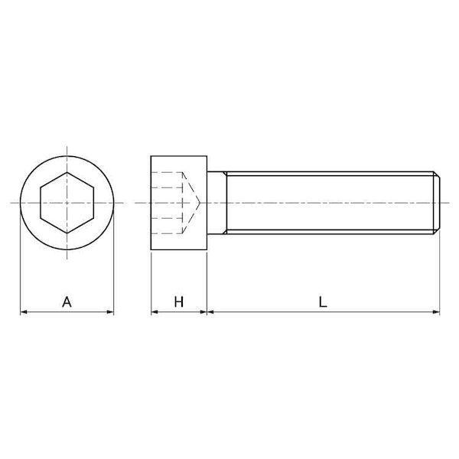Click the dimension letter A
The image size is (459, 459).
click(x=67, y=301)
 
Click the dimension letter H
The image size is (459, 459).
click(x=178, y=301)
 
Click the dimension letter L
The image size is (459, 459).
click(x=323, y=301)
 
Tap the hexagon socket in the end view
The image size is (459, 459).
click(x=67, y=203)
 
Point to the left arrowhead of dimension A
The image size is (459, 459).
click(x=24, y=312)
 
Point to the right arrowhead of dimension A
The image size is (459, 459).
click(x=110, y=312)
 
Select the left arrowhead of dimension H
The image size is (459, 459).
click(x=155, y=312)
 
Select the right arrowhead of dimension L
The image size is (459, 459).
click(x=437, y=312)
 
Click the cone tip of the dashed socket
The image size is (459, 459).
click(x=200, y=203)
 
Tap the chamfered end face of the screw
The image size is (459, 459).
click(x=437, y=203)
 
